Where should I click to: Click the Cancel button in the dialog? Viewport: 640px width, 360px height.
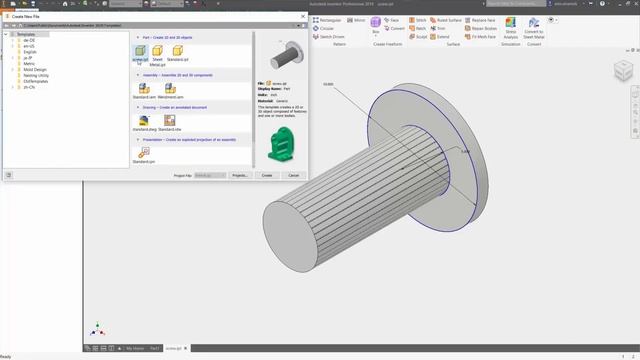[x=293, y=175]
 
